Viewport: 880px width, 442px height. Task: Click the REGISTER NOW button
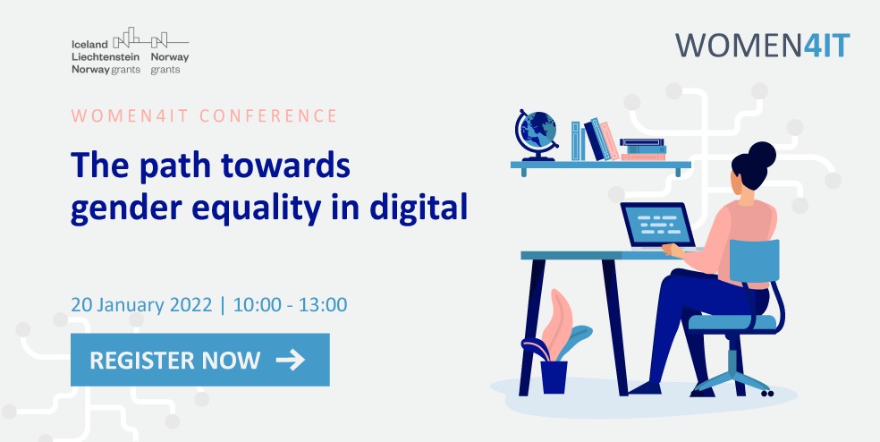point(199,360)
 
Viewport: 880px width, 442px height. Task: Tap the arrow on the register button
point(290,360)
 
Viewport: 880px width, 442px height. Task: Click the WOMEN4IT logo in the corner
point(762,46)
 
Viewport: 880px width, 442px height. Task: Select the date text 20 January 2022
point(141,305)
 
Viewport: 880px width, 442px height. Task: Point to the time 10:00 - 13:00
point(290,305)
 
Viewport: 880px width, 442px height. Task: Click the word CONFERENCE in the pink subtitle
point(268,116)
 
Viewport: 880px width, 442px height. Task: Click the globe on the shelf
point(536,134)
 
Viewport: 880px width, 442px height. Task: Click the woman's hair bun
point(762,154)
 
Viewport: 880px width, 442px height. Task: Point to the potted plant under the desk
point(556,342)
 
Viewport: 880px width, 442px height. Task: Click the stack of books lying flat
point(643,149)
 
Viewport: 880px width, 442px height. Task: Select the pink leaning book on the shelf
point(610,141)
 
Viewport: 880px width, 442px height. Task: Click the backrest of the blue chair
point(754,261)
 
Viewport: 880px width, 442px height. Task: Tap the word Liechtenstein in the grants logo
point(106,56)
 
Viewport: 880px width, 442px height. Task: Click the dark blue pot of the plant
point(554,377)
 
